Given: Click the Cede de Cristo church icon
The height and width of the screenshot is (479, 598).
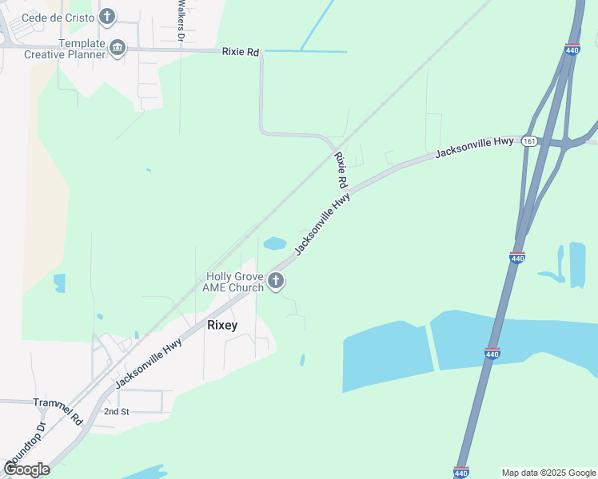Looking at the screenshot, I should pyautogui.click(x=107, y=16).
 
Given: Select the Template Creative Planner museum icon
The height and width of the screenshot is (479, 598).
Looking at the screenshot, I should pyautogui.click(x=118, y=48).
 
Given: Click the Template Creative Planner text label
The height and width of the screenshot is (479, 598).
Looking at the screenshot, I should pyautogui.click(x=65, y=49).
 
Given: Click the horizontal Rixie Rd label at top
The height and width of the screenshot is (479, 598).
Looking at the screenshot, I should pyautogui.click(x=241, y=52).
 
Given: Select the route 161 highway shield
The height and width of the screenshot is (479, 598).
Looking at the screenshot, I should pyautogui.click(x=528, y=141).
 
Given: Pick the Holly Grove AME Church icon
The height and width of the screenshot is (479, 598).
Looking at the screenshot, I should pyautogui.click(x=276, y=281).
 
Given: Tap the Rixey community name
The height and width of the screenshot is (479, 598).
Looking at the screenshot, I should pyautogui.click(x=223, y=325).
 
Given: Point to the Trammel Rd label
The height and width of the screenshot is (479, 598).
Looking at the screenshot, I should pyautogui.click(x=58, y=411).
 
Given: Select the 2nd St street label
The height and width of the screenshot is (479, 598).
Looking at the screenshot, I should pyautogui.click(x=116, y=411).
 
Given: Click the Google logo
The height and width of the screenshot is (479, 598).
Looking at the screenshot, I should pyautogui.click(x=26, y=469).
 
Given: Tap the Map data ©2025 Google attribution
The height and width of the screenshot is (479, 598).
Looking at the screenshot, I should pyautogui.click(x=548, y=473).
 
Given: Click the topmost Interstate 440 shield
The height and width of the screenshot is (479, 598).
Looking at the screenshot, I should pyautogui.click(x=572, y=49).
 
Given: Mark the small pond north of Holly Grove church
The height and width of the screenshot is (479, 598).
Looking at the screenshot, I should pyautogui.click(x=275, y=243).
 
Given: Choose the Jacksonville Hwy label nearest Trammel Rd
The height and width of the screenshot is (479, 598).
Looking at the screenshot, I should pyautogui.click(x=149, y=363).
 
